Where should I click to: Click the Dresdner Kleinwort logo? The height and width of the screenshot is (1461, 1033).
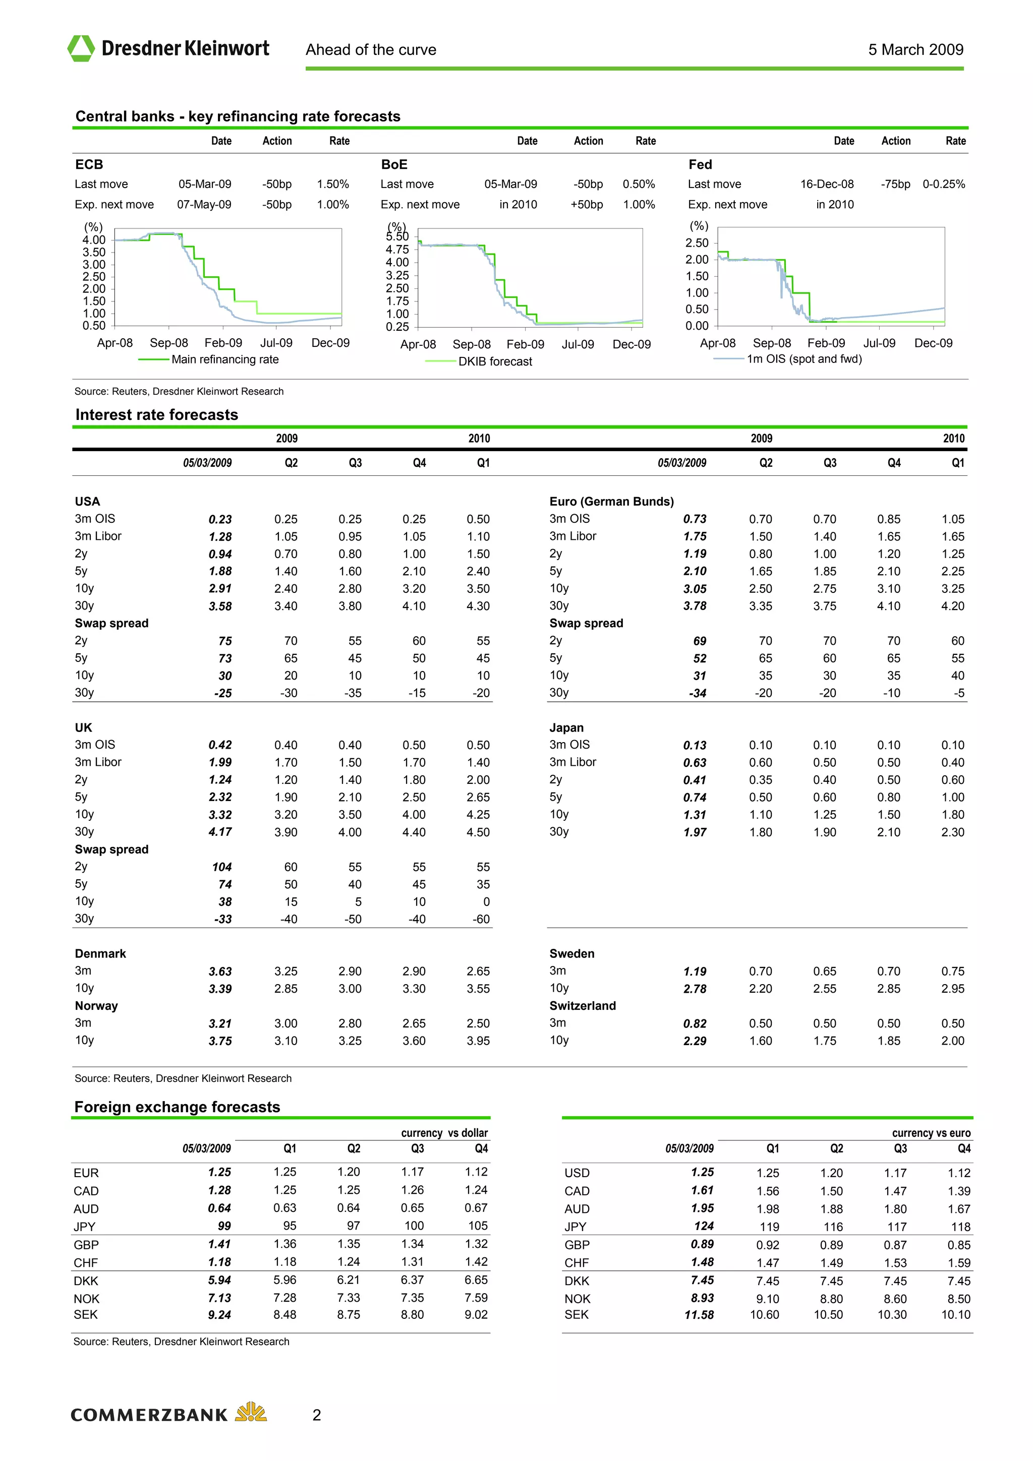tap(168, 48)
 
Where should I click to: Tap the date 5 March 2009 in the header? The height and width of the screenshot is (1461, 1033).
tap(915, 49)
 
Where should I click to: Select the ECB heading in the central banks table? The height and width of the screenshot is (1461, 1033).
tap(89, 165)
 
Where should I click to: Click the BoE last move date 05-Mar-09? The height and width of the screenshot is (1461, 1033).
tap(510, 185)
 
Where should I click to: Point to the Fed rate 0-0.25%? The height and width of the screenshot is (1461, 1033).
tap(943, 185)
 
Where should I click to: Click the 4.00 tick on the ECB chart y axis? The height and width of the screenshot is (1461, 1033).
tap(94, 240)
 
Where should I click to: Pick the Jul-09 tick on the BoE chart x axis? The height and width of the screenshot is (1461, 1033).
tap(578, 344)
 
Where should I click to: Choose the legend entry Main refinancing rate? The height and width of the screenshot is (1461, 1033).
tap(224, 359)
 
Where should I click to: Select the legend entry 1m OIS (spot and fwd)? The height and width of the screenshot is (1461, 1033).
tap(804, 359)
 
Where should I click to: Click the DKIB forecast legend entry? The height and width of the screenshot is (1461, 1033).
tap(494, 361)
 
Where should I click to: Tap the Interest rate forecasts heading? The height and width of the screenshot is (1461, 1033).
tap(156, 415)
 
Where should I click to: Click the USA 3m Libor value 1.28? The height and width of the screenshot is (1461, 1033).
tap(220, 537)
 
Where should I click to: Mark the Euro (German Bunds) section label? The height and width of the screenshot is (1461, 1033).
tap(611, 502)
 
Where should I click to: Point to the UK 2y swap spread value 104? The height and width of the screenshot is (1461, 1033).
tap(221, 867)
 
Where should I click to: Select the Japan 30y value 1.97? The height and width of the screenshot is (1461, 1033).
tap(695, 832)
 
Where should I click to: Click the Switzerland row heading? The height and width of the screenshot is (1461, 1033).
tap(583, 1006)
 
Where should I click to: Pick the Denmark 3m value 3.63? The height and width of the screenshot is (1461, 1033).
tap(220, 971)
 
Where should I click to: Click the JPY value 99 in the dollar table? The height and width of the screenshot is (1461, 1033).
tap(224, 1226)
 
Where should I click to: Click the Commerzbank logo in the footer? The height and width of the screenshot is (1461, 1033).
tap(168, 1415)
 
